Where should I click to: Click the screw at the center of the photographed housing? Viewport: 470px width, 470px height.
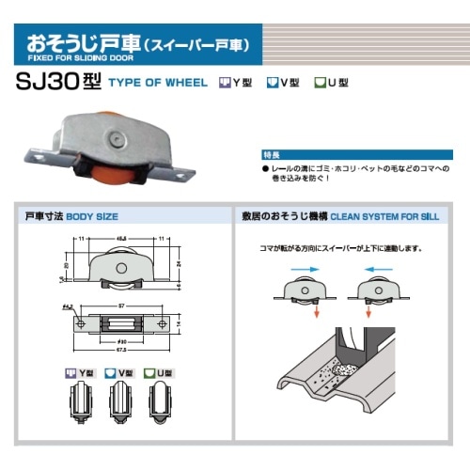click(x=116, y=138)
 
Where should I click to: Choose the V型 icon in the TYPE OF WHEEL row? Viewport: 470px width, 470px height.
click(x=272, y=82)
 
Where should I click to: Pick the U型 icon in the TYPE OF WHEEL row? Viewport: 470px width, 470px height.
click(x=320, y=82)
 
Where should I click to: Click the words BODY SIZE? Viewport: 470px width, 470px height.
click(x=98, y=216)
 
